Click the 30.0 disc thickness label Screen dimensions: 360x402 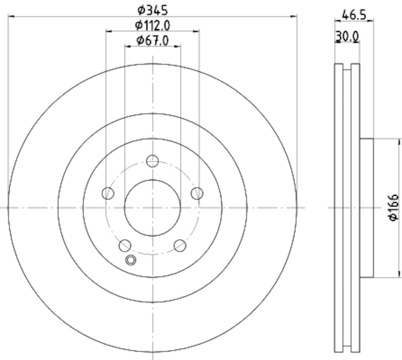pos(347,36)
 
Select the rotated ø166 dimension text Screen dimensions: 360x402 pos(393,207)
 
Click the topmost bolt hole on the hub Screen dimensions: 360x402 pos(152,161)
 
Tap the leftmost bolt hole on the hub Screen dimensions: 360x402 pos(108,193)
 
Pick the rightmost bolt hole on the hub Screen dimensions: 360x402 pos(197,193)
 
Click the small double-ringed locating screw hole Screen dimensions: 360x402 pos(131,260)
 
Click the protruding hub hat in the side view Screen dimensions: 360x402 pos(367,207)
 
